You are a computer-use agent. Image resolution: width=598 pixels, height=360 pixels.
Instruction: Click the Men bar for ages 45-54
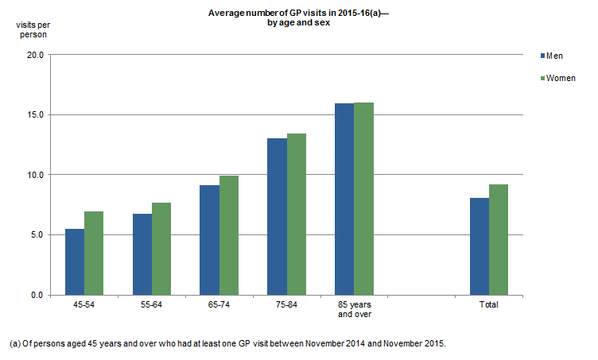point(75,261)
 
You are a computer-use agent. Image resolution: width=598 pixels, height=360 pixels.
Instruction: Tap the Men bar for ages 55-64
point(142,254)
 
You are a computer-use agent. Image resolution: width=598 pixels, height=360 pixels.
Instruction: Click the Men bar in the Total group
point(479,246)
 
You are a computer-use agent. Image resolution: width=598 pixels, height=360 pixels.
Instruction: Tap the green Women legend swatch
point(544,78)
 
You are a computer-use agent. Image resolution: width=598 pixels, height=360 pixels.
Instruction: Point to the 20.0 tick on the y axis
point(35,55)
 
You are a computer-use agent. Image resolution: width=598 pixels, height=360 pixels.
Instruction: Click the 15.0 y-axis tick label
point(35,114)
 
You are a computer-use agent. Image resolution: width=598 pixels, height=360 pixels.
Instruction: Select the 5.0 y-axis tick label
point(37,234)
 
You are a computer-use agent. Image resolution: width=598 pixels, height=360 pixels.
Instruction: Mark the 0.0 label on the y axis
point(37,295)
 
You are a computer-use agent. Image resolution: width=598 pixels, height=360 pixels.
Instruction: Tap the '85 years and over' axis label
point(354,309)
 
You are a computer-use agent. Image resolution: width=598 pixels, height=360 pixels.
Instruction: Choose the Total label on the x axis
point(488,304)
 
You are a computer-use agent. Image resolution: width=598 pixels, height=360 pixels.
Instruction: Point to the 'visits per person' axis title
point(32,29)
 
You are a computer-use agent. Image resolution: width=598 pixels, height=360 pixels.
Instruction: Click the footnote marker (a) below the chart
point(14,343)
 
